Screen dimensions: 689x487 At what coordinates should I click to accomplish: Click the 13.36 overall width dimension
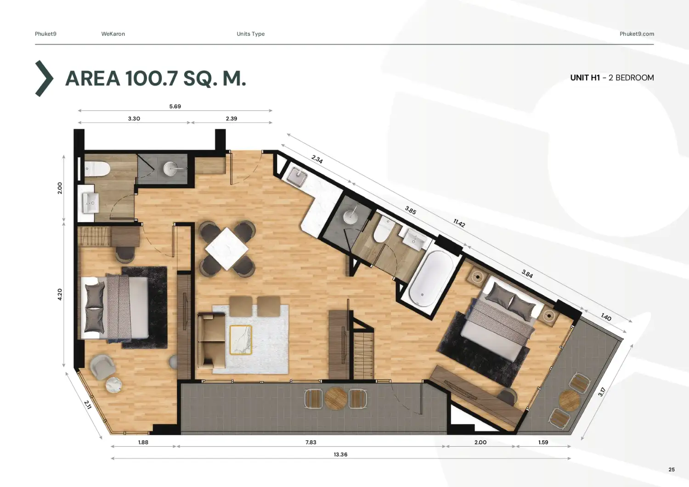340,454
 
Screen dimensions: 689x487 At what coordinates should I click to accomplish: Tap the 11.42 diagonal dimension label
459,223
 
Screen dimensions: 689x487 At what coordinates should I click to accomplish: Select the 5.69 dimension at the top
175,106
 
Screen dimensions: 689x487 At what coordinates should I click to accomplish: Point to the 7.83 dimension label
311,442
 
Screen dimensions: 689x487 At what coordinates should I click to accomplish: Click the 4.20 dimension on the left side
60,295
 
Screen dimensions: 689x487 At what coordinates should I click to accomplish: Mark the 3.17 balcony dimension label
602,392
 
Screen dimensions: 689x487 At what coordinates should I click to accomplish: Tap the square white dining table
227,249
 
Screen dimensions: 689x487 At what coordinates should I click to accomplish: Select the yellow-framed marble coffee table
241,340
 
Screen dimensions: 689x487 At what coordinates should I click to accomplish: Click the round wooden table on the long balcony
336,398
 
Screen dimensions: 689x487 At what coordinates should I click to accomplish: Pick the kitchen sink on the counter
298,177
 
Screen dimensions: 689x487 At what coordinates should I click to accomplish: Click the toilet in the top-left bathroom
97,169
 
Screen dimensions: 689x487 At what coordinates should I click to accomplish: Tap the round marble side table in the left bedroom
113,385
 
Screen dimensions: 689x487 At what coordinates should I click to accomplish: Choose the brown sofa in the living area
211,340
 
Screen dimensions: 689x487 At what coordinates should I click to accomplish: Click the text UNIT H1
585,78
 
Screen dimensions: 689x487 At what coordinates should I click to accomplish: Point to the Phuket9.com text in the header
637,34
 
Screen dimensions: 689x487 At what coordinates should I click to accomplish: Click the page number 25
672,470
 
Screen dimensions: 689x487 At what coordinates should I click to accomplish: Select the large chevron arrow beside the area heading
44,78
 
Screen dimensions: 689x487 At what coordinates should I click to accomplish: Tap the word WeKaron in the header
113,34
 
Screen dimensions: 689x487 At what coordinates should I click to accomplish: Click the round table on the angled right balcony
569,401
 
